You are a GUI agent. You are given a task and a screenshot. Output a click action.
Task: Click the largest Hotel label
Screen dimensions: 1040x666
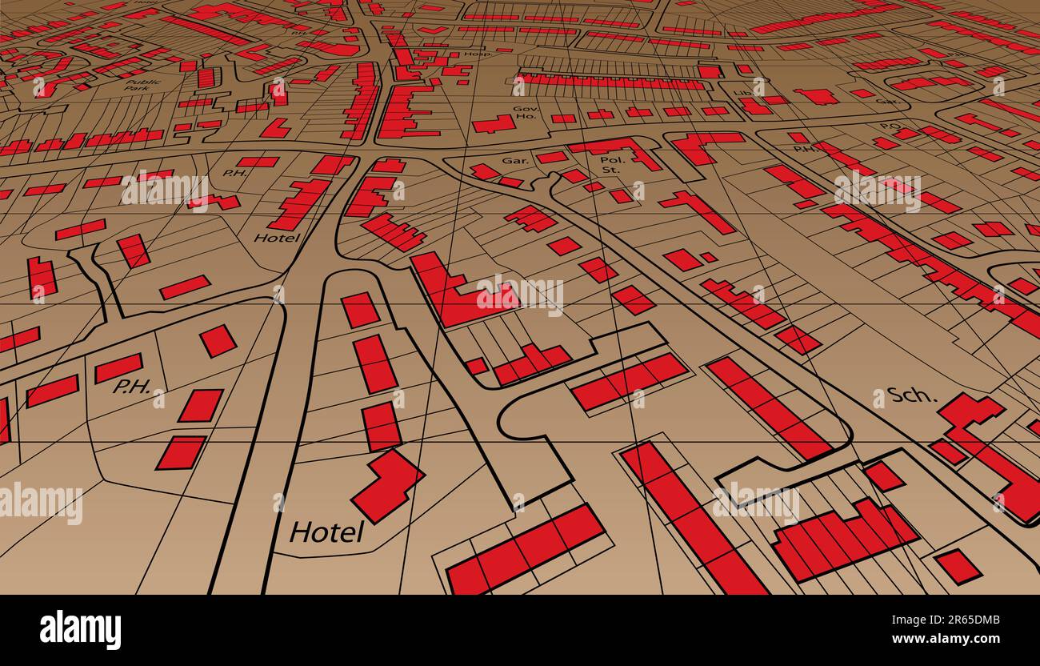326,532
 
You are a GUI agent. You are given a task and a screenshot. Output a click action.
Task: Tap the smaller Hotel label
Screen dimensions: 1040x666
277,238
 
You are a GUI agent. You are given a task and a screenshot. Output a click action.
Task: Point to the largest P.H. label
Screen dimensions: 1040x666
132,387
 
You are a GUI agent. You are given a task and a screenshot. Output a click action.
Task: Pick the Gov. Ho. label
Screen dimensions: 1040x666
526,113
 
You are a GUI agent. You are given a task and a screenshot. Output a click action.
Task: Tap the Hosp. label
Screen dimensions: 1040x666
478,54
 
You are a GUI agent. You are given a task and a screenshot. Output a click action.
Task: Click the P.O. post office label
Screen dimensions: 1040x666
890,126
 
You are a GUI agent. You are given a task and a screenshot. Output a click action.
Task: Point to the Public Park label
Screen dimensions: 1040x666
143,85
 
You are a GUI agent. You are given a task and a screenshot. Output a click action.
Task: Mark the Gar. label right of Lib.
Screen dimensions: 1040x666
886,102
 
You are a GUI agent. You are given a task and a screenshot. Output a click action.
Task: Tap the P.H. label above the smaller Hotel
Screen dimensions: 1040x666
234,173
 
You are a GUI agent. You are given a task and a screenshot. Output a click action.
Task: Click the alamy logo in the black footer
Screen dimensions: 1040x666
80,630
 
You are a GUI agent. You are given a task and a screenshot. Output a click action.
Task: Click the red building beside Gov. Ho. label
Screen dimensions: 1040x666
494,124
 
